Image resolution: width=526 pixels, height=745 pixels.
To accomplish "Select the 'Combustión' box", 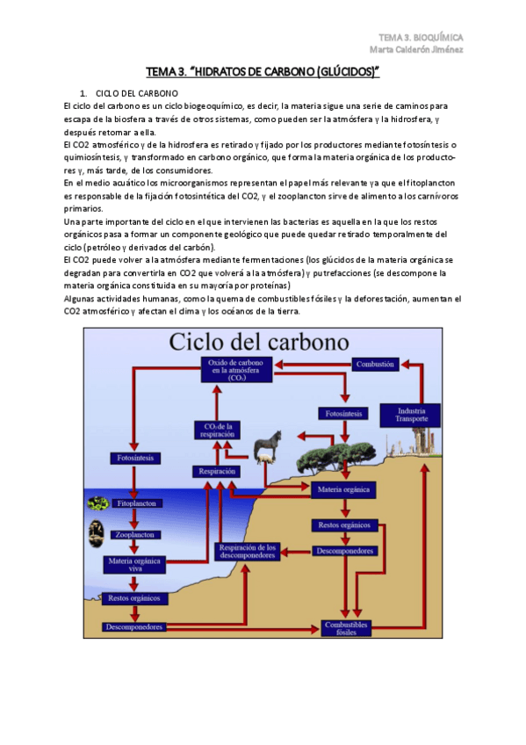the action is pos(377,364).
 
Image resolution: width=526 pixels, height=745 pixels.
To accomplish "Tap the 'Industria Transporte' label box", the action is pos(412,415).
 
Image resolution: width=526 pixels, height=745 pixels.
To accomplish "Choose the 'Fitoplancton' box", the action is pos(136,504).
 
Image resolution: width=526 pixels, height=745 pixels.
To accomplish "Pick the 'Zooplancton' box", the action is pos(136,534).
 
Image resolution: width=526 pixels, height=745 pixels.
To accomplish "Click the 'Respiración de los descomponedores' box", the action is pos(246,551).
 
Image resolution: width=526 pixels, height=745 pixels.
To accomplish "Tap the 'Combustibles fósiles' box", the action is pos(345,627).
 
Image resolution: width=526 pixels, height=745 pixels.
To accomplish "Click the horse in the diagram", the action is pos(268,446).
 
